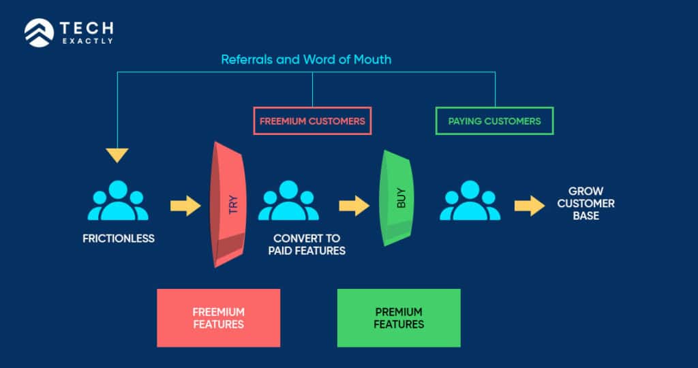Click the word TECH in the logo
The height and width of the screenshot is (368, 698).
(x=87, y=29)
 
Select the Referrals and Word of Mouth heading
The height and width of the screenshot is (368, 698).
(x=306, y=59)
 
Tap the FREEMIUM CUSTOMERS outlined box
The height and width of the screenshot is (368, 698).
(x=312, y=121)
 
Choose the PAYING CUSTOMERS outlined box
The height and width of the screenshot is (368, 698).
(x=494, y=121)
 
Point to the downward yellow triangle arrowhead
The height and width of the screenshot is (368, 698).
(x=117, y=155)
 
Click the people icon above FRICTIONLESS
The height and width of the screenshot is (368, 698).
(x=118, y=201)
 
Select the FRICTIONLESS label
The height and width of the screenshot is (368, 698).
(x=118, y=239)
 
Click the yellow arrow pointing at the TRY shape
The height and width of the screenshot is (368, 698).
(x=185, y=204)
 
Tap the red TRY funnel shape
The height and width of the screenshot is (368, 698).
(x=227, y=204)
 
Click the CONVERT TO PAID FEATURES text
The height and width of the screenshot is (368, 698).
(x=309, y=245)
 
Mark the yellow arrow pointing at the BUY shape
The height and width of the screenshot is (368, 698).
(x=353, y=204)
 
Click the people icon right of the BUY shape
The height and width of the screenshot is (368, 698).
(x=470, y=201)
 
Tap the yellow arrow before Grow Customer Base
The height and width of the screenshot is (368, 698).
(x=529, y=204)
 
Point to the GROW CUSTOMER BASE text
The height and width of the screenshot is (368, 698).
(x=586, y=204)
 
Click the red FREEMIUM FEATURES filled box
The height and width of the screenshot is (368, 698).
(x=218, y=318)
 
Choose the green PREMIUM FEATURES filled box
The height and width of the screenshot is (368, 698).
(x=399, y=318)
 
